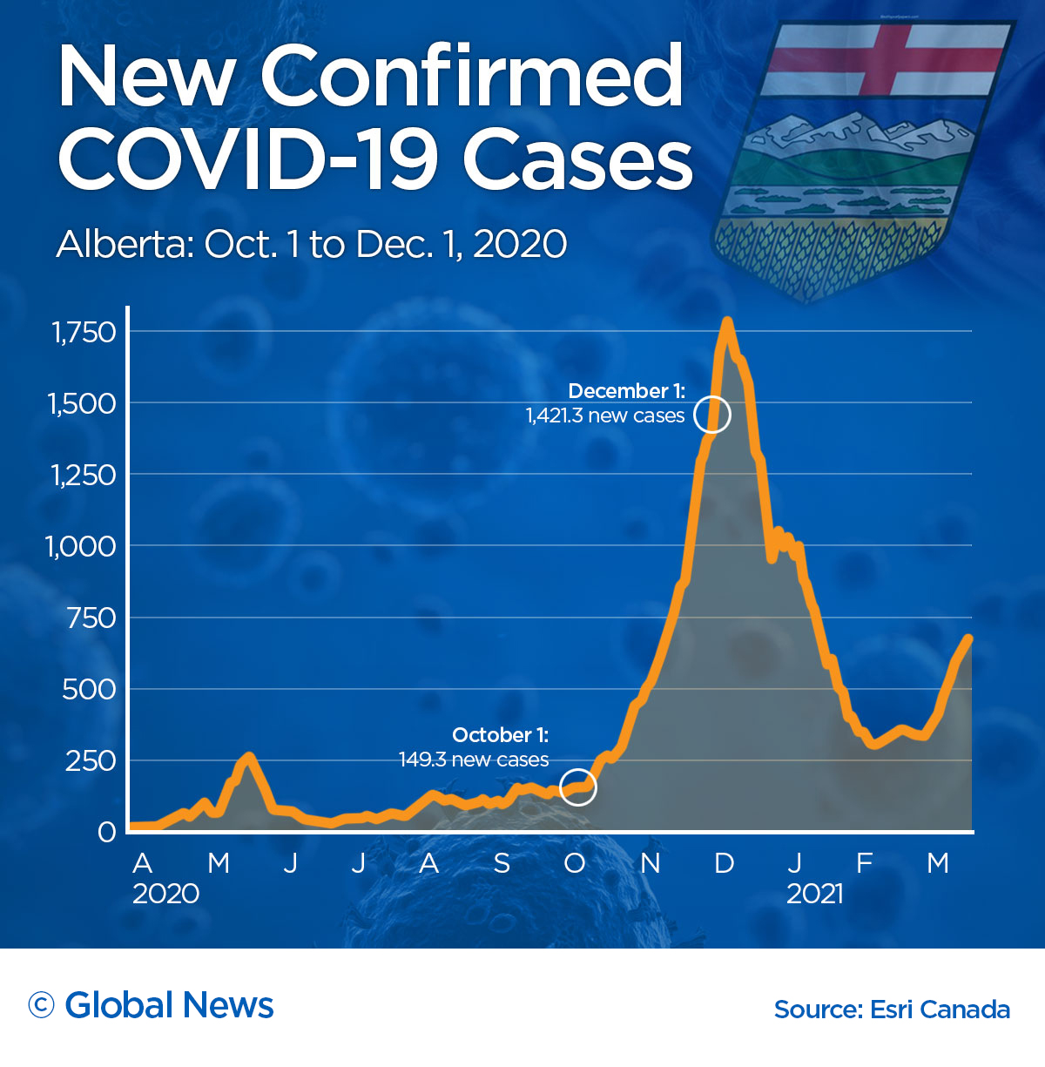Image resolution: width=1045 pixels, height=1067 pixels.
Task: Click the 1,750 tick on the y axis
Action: pos(84,333)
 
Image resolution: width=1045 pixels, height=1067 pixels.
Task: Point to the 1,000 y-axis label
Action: pos(80,547)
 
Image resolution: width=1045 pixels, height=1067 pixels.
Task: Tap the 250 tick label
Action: pos(90,761)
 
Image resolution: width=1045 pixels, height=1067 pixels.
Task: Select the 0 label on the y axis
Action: pos(106,833)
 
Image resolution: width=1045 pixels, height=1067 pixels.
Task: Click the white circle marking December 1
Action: pos(712,415)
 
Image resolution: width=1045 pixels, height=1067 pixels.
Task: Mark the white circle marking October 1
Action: pos(577,787)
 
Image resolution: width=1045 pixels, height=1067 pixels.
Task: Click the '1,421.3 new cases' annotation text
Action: pos(605,416)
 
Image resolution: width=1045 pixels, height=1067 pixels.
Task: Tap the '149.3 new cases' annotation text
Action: pos(474,760)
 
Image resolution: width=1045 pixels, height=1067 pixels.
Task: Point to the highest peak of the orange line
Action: pos(727,322)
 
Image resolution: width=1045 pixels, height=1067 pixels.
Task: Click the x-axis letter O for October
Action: pos(575,863)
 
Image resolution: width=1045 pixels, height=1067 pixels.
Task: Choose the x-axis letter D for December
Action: pos(724,863)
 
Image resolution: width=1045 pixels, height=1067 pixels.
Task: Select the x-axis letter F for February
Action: pos(864,863)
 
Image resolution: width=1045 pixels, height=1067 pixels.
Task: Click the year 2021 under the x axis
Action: pos(815,895)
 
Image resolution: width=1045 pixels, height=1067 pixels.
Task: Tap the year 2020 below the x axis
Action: pos(166,895)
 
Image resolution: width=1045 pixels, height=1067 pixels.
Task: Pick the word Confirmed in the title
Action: pos(472,77)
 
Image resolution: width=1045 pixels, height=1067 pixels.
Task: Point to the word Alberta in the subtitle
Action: pos(125,245)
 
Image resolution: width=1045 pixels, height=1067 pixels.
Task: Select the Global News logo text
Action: pos(169,1006)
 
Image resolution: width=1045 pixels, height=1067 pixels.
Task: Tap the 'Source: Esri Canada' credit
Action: pos(892,1010)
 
